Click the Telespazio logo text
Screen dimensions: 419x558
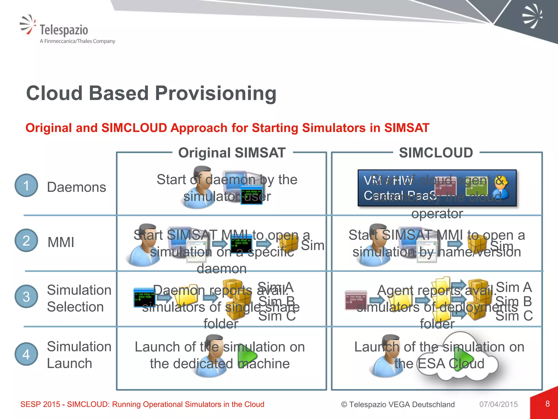pos(64,30)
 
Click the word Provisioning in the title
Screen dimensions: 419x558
pos(216,93)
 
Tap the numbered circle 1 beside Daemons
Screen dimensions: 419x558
pos(26,185)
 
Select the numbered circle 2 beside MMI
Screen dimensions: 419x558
pos(26,240)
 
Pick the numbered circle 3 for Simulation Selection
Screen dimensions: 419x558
pos(26,297)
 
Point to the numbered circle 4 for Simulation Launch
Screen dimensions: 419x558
pos(26,354)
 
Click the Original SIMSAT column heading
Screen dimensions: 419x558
pos(232,153)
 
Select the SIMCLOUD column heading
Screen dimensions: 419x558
pos(436,153)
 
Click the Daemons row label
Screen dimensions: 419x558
pos(76,187)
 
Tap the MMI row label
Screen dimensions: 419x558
pos(61,242)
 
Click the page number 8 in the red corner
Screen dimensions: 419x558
pos(547,404)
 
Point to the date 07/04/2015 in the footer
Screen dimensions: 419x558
pos(498,404)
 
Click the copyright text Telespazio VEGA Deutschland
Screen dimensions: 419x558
pos(398,404)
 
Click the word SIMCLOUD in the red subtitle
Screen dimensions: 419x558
pos(134,128)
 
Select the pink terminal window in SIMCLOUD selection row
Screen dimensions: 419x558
pos(356,300)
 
